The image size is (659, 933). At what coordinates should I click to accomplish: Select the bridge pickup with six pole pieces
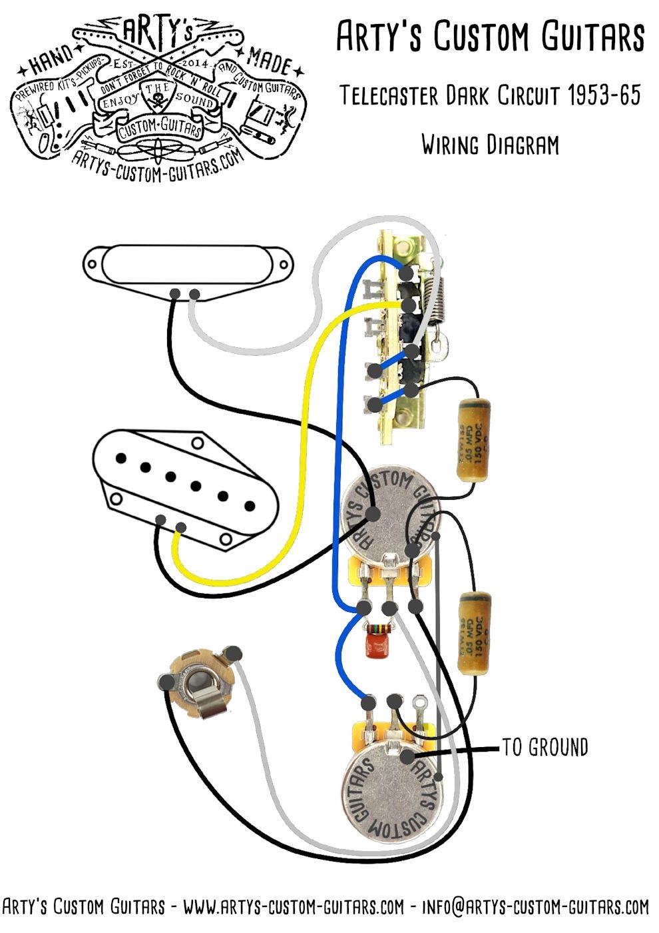pyautogui.click(x=183, y=486)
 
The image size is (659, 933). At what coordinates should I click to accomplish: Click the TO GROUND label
pyautogui.click(x=545, y=747)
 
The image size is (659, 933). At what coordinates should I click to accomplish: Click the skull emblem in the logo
pyautogui.click(x=158, y=101)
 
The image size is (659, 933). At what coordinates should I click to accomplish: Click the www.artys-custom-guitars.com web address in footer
pyautogui.click(x=293, y=907)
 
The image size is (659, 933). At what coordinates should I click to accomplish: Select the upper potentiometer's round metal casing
pyautogui.click(x=386, y=513)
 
